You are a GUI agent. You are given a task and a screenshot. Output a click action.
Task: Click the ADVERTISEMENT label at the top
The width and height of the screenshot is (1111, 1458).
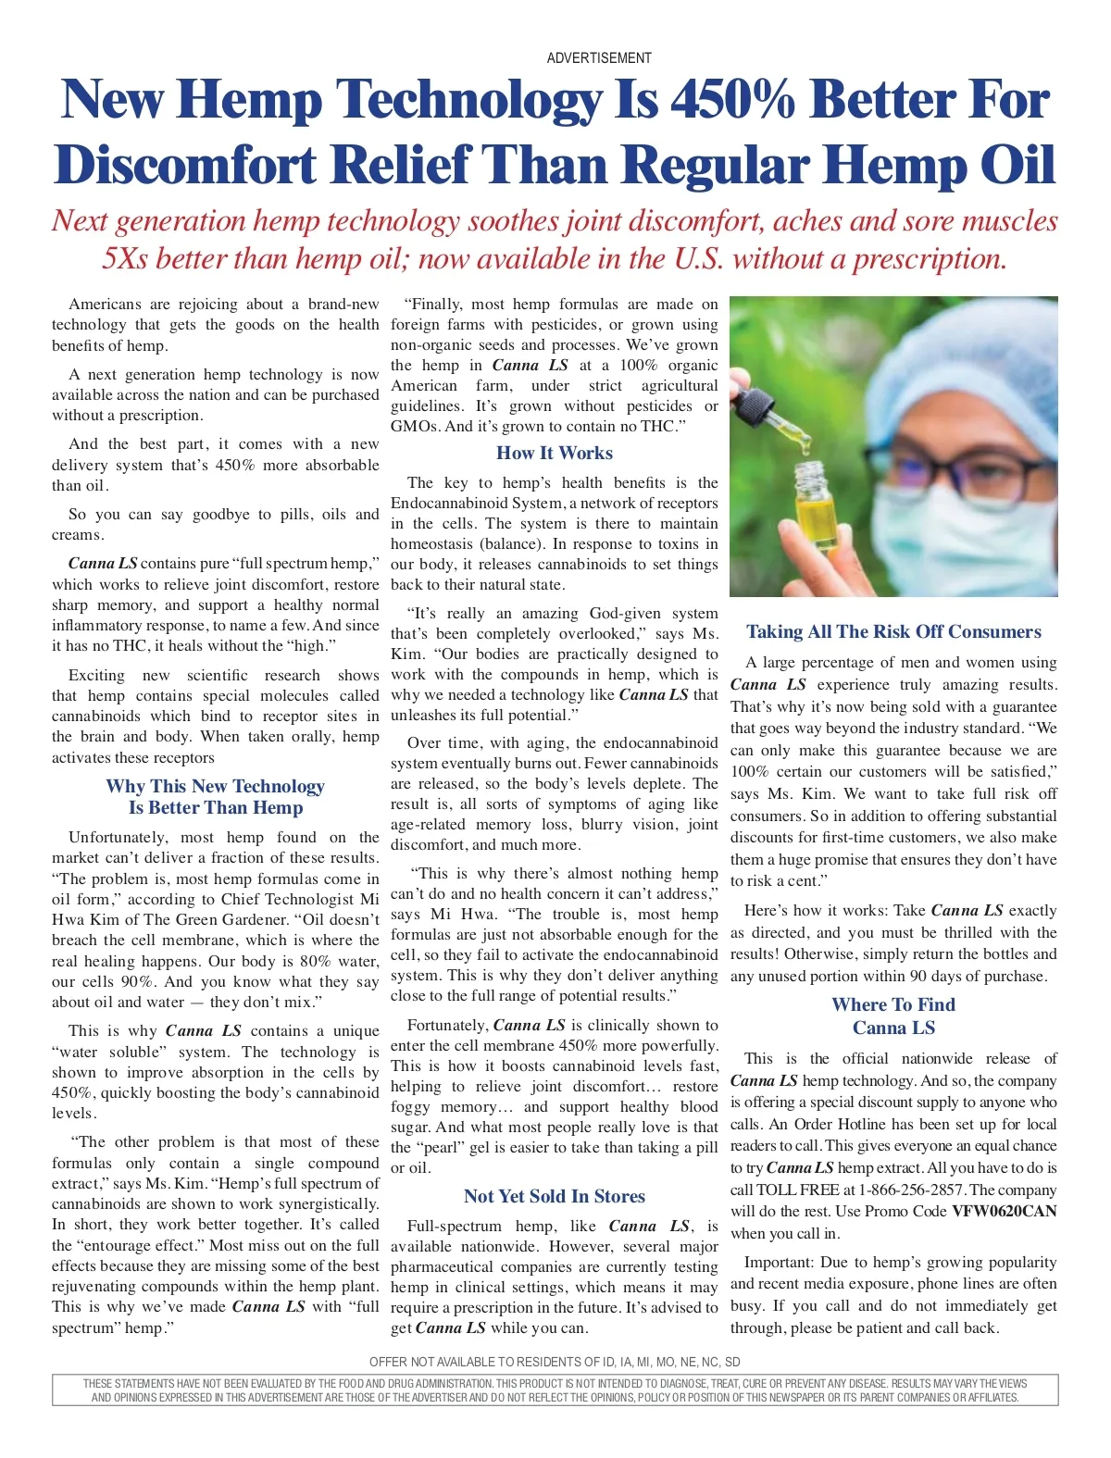coord(599,58)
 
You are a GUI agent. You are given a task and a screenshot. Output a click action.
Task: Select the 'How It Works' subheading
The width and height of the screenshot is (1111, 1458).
coord(554,454)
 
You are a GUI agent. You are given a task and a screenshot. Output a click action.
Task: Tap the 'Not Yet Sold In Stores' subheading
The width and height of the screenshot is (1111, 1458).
coord(554,1197)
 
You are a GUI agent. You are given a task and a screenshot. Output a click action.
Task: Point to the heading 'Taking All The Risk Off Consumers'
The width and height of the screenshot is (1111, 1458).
coord(893,632)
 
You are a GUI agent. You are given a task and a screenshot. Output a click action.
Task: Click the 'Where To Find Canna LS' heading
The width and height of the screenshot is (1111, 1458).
coord(893,1016)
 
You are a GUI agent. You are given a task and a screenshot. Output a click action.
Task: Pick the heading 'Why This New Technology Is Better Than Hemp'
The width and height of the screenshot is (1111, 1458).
coord(215,797)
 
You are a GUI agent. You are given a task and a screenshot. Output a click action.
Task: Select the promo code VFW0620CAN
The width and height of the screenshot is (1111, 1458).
coord(1004,1211)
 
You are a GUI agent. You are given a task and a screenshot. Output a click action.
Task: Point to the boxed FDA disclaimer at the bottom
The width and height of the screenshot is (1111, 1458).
coord(555,1390)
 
